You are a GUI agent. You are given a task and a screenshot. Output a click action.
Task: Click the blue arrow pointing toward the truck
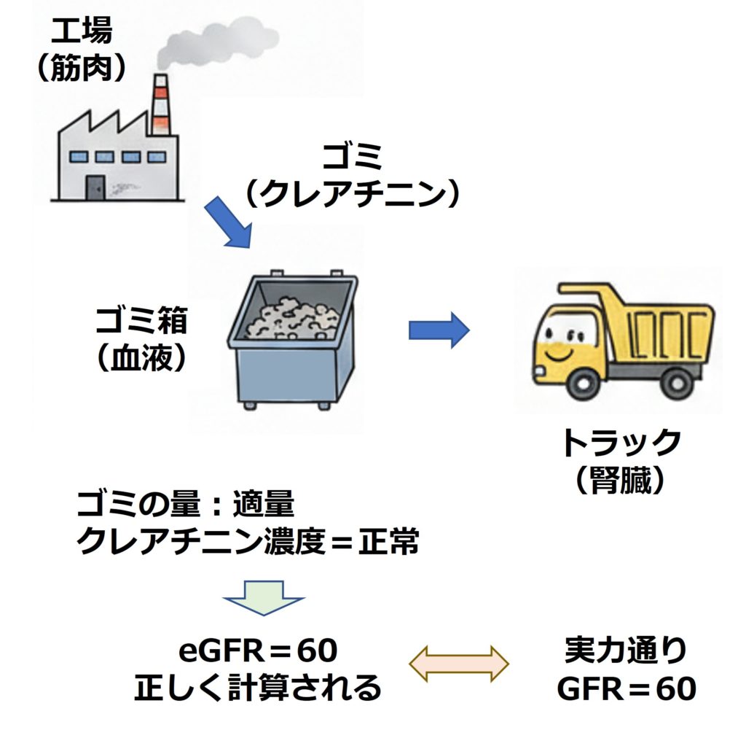(439, 330)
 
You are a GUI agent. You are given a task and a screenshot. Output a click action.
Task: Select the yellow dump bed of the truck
(659, 325)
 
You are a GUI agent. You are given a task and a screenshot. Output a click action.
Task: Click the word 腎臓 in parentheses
(620, 481)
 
